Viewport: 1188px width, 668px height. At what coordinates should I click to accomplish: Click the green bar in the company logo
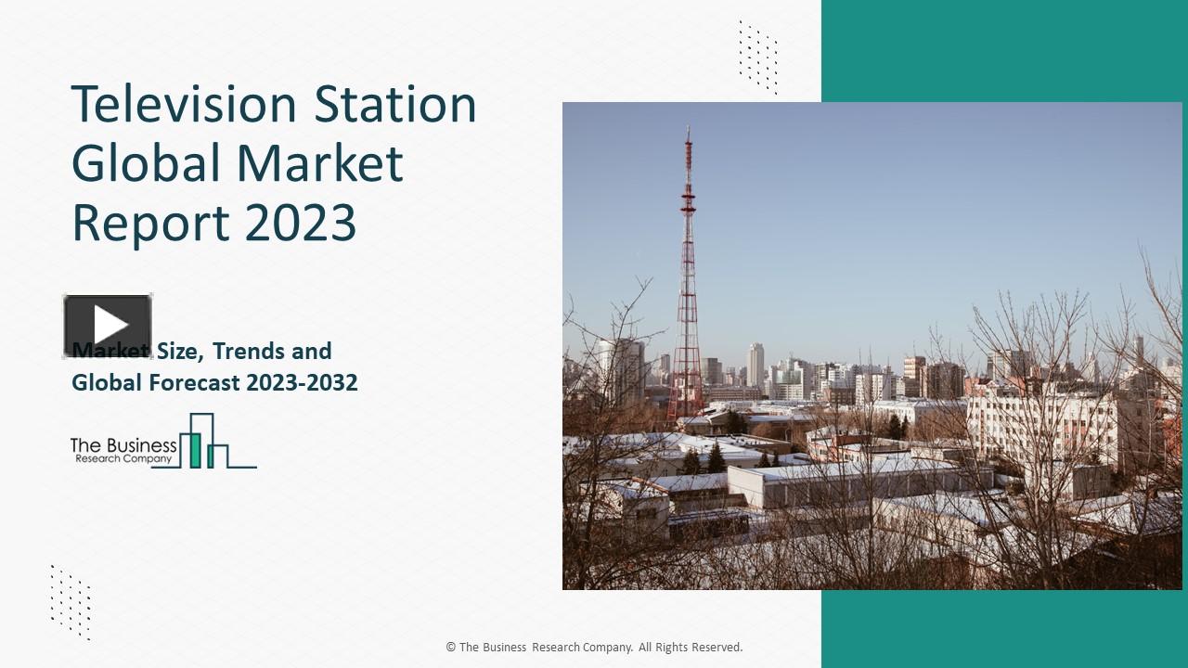pos(195,449)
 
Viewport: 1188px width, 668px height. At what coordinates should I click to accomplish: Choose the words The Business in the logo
pos(123,445)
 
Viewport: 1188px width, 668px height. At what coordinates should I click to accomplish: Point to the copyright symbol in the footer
pos(451,648)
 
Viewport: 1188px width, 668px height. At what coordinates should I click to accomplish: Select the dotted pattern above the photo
pos(758,57)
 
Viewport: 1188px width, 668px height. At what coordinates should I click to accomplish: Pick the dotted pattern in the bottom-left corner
pos(71,601)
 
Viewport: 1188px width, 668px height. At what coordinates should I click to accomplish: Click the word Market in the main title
pos(320,163)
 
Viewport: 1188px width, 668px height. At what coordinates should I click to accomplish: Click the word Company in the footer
pos(604,648)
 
